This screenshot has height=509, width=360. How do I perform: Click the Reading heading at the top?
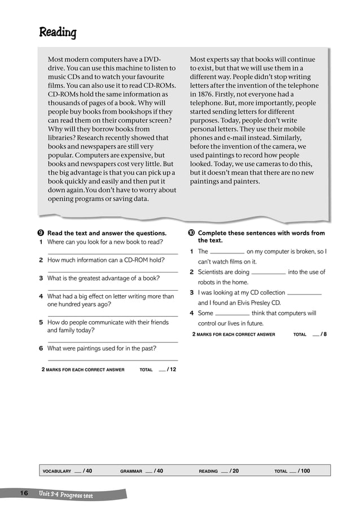58,33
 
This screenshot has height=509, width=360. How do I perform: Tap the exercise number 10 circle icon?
191,233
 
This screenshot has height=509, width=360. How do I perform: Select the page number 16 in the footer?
24,494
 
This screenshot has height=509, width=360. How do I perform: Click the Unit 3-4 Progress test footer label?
66,495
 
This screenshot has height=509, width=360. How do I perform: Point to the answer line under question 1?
112,254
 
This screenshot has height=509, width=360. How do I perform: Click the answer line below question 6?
112,359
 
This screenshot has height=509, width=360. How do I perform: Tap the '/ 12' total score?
171,370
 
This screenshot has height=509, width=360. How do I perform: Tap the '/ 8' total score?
323,334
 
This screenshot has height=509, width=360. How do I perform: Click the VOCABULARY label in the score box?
57,471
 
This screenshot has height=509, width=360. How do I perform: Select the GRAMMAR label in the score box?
131,471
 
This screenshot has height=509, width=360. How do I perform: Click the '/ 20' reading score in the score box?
234,471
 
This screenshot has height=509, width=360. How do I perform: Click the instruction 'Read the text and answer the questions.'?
107,233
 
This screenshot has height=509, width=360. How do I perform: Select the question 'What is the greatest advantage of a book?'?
103,278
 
